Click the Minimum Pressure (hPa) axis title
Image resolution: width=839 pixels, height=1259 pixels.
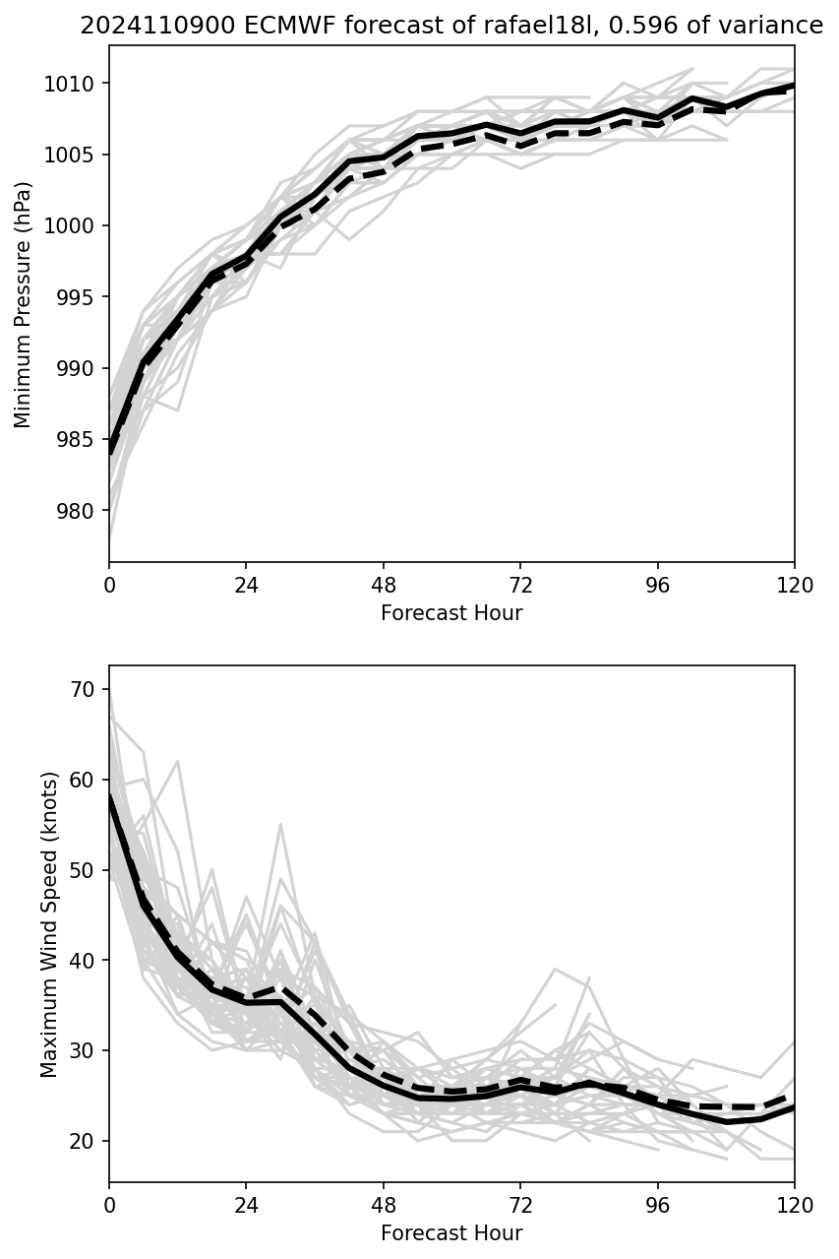pos(24,304)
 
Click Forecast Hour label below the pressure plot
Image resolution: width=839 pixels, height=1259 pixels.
pos(451,613)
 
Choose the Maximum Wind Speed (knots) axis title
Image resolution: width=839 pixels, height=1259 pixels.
pos(49,923)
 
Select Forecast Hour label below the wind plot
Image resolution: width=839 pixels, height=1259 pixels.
pos(451,1233)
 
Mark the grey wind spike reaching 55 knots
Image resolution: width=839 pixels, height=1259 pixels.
pos(280,825)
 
